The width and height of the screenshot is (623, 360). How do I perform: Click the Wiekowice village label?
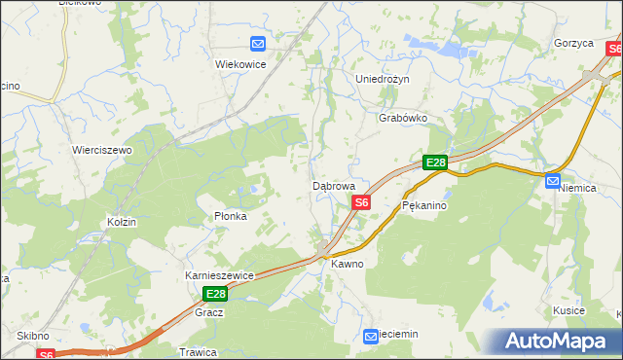point(240,63)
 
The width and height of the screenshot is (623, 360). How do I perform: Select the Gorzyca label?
point(574,44)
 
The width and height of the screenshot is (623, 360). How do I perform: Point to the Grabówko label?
point(403,118)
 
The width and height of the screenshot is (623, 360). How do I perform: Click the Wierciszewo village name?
point(102,151)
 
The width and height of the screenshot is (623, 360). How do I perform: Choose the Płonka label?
point(231,216)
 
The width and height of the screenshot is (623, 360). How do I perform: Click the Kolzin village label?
point(123,223)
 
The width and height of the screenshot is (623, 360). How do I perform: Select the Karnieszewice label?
point(219,275)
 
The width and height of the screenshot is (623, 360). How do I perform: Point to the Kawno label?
point(347,264)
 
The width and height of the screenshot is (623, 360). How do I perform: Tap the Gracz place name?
point(209,312)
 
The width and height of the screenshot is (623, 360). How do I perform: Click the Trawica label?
point(196,351)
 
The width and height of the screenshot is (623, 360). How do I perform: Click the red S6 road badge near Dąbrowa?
point(361,202)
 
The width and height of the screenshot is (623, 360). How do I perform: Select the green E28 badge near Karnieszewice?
point(215,294)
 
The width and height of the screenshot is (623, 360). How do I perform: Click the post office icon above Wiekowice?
point(258,44)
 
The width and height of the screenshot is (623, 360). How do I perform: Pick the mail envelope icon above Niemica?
point(553,180)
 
